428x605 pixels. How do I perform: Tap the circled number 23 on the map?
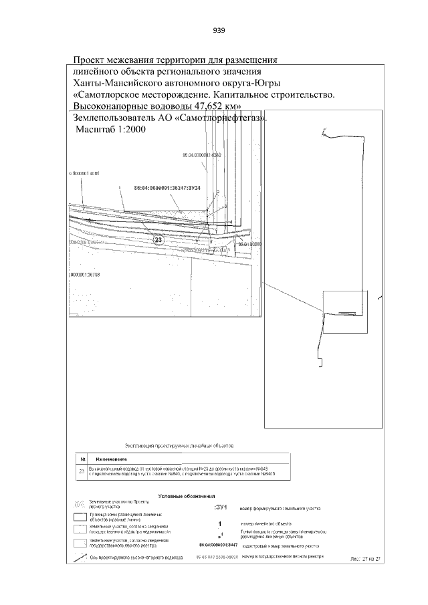(158, 240)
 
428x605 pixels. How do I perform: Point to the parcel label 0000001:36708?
(84, 274)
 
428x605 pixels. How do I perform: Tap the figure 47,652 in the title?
(193, 106)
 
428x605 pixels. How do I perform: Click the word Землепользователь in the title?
(113, 118)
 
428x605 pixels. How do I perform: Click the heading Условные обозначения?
(186, 497)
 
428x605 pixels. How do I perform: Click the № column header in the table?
(82, 459)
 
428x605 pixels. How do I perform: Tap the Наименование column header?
(110, 459)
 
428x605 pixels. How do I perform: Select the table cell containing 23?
(82, 471)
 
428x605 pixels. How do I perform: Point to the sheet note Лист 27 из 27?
(365, 558)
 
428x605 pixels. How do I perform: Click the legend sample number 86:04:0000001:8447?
(213, 546)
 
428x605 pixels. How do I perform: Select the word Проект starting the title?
(91, 60)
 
